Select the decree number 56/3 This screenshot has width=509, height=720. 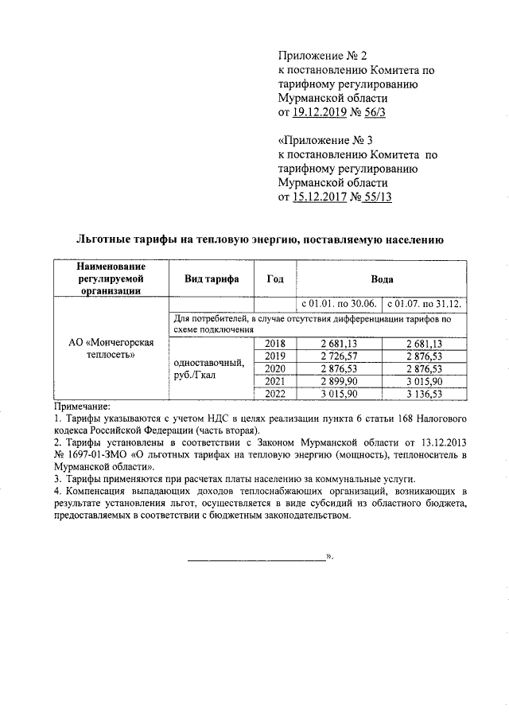click(378, 113)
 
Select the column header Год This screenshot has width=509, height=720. click(274, 279)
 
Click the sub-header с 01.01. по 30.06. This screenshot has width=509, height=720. click(338, 305)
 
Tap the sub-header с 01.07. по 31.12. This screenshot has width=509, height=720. click(424, 305)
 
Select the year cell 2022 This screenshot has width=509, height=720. click(274, 393)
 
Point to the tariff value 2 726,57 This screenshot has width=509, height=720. click(338, 356)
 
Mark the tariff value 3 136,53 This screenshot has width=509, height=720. click(424, 393)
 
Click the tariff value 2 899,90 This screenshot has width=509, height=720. click(338, 380)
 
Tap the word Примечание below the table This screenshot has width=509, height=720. click(83, 406)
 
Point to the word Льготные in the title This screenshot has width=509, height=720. click(107, 238)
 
